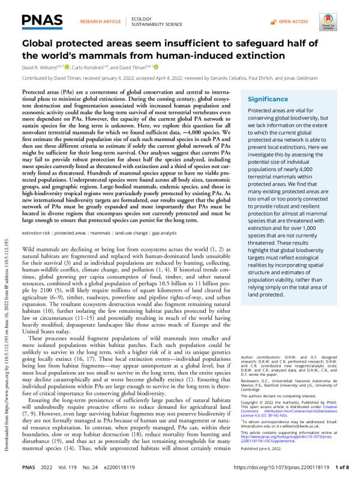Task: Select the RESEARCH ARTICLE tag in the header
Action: (97, 21)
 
